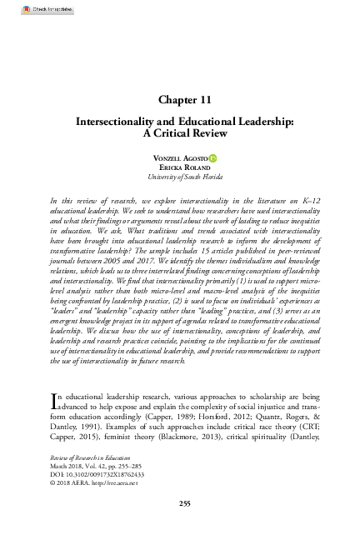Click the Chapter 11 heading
pos(179,98)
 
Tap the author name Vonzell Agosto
pos(174,157)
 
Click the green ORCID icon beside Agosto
pos(212,157)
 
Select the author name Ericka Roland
pos(179,167)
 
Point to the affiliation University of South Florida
pos(179,177)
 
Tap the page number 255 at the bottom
pos(179,503)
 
